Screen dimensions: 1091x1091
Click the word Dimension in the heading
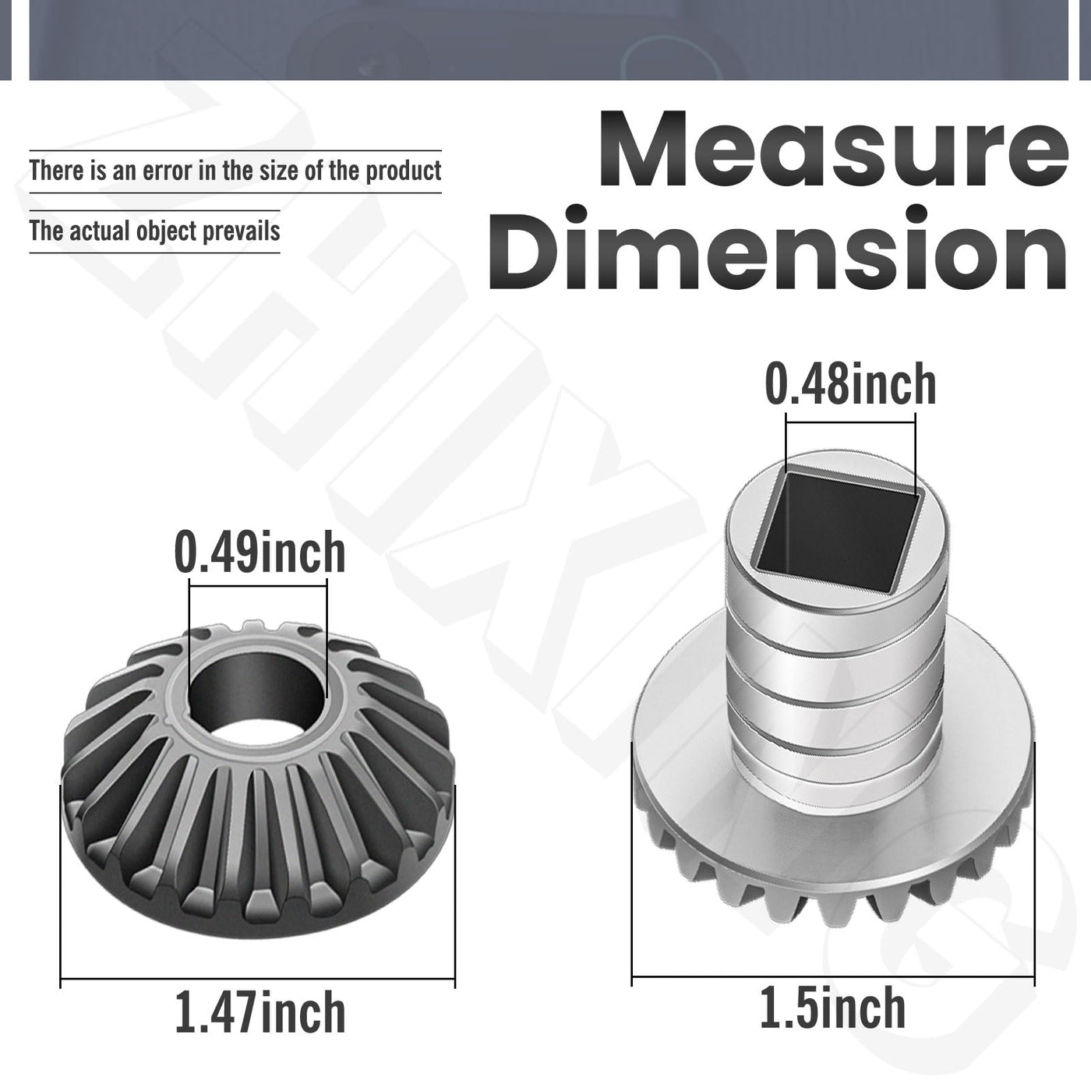tap(778, 249)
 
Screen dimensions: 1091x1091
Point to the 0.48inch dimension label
tap(850, 384)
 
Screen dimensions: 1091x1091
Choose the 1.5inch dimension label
tap(832, 1007)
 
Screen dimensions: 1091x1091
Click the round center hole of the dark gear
tap(258, 693)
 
